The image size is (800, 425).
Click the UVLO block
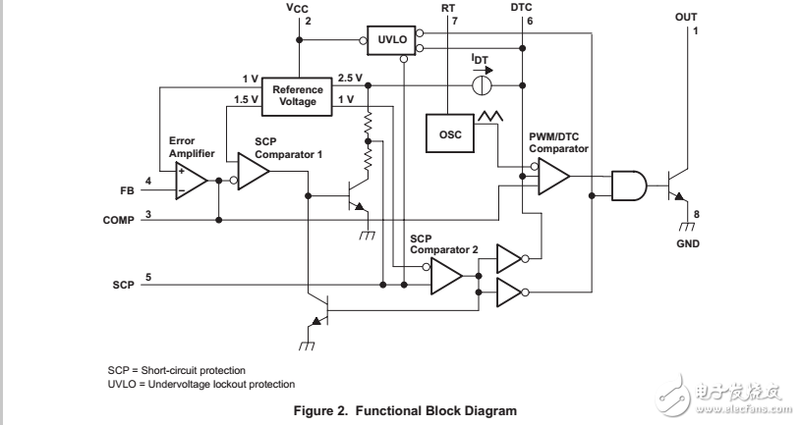pos(390,38)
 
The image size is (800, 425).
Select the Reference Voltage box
pos(297,95)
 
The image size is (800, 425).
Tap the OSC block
pos(449,133)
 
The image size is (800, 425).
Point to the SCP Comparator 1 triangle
pos(254,172)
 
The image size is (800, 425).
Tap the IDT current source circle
pos(482,86)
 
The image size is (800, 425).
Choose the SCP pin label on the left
pos(122,284)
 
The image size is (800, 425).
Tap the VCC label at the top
pos(297,8)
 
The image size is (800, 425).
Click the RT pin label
pos(449,7)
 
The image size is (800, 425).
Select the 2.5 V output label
pos(351,78)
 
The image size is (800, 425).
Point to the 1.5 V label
pos(248,99)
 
